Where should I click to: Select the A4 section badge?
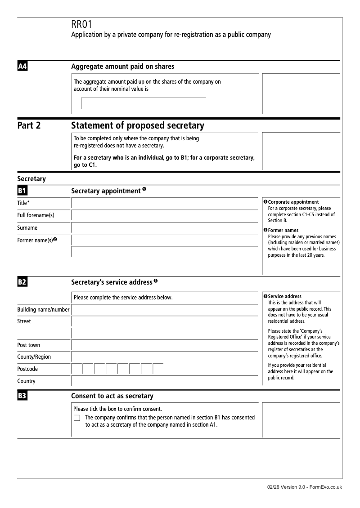pyautogui.click(x=22, y=67)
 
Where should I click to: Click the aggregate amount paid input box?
pyautogui.click(x=143, y=103)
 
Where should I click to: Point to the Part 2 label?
pyautogui.click(x=29, y=125)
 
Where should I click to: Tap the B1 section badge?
pyautogui.click(x=22, y=191)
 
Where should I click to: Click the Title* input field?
pyautogui.click(x=165, y=203)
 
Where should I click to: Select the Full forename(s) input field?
pyautogui.click(x=165, y=215)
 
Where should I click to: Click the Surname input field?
pyautogui.click(x=165, y=228)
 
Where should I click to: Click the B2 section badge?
pyautogui.click(x=22, y=282)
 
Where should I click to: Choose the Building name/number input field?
pyautogui.click(x=165, y=309)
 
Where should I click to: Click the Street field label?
pyautogui.click(x=24, y=321)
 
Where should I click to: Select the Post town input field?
pyautogui.click(x=165, y=345)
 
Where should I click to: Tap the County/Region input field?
pyautogui.click(x=165, y=357)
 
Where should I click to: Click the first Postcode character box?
pyautogui.click(x=77, y=369)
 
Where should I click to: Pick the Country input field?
pyautogui.click(x=165, y=381)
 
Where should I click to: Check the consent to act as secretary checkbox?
pyautogui.click(x=76, y=418)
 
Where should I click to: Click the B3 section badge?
pyautogui.click(x=22, y=396)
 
